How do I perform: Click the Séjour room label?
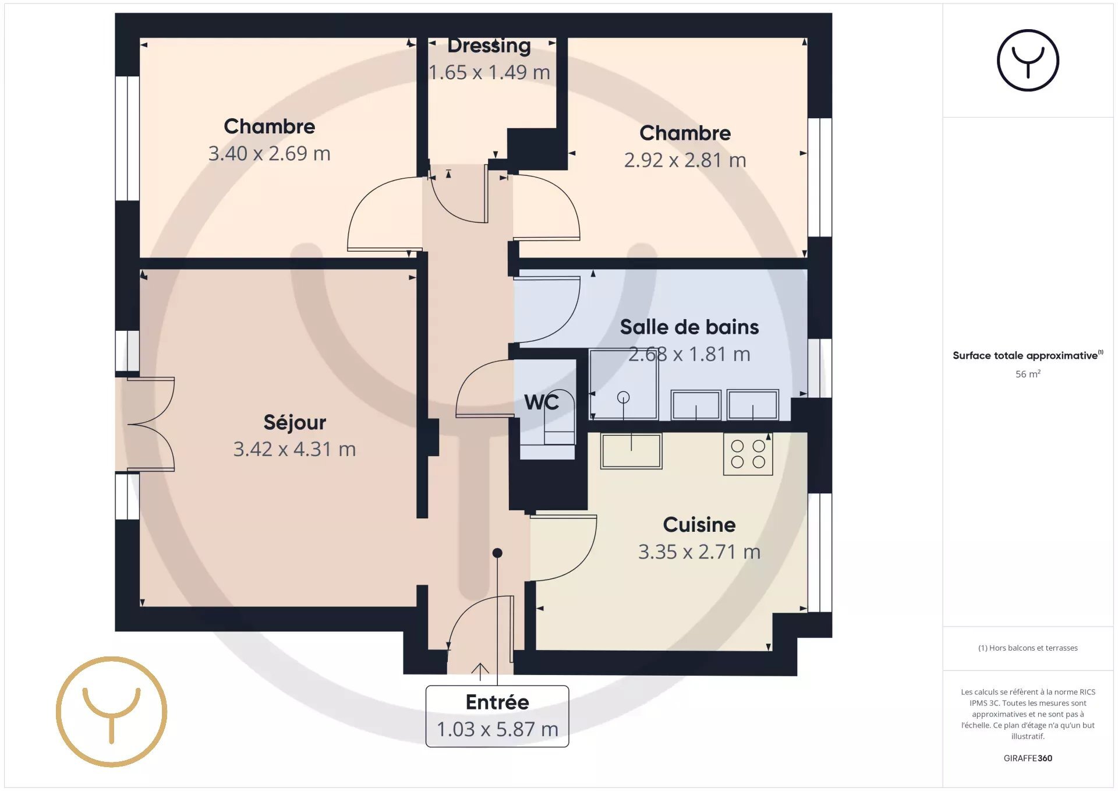click(295, 422)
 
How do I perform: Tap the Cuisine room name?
click(699, 525)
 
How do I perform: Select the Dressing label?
click(489, 46)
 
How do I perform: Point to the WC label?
click(542, 402)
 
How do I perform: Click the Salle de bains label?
click(689, 327)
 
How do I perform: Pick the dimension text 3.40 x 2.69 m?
click(270, 154)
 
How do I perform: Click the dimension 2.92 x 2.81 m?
click(685, 160)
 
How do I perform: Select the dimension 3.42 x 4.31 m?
click(295, 449)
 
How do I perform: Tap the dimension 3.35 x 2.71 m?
click(699, 552)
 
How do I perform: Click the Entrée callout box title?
click(497, 702)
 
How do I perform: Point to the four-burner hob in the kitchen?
click(748, 454)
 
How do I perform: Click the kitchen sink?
click(631, 451)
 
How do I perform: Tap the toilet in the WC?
click(559, 418)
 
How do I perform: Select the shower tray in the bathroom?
click(623, 384)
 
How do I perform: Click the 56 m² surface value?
click(1028, 374)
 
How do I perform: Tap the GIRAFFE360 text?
click(1028, 758)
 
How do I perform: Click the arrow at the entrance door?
click(480, 672)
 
